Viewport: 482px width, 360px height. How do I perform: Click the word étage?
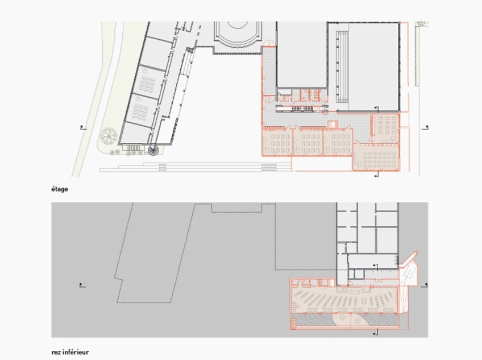[59, 189]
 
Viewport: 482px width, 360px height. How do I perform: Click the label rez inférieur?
[70, 353]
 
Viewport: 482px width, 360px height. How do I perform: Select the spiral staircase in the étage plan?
[153, 150]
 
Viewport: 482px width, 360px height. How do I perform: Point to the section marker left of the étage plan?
[83, 127]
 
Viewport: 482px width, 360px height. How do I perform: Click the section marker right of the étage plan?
[426, 128]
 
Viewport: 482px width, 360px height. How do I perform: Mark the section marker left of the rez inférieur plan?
[83, 285]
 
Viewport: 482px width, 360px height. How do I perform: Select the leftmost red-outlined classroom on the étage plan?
[277, 142]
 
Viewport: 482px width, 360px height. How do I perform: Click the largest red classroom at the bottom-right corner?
[376, 156]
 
